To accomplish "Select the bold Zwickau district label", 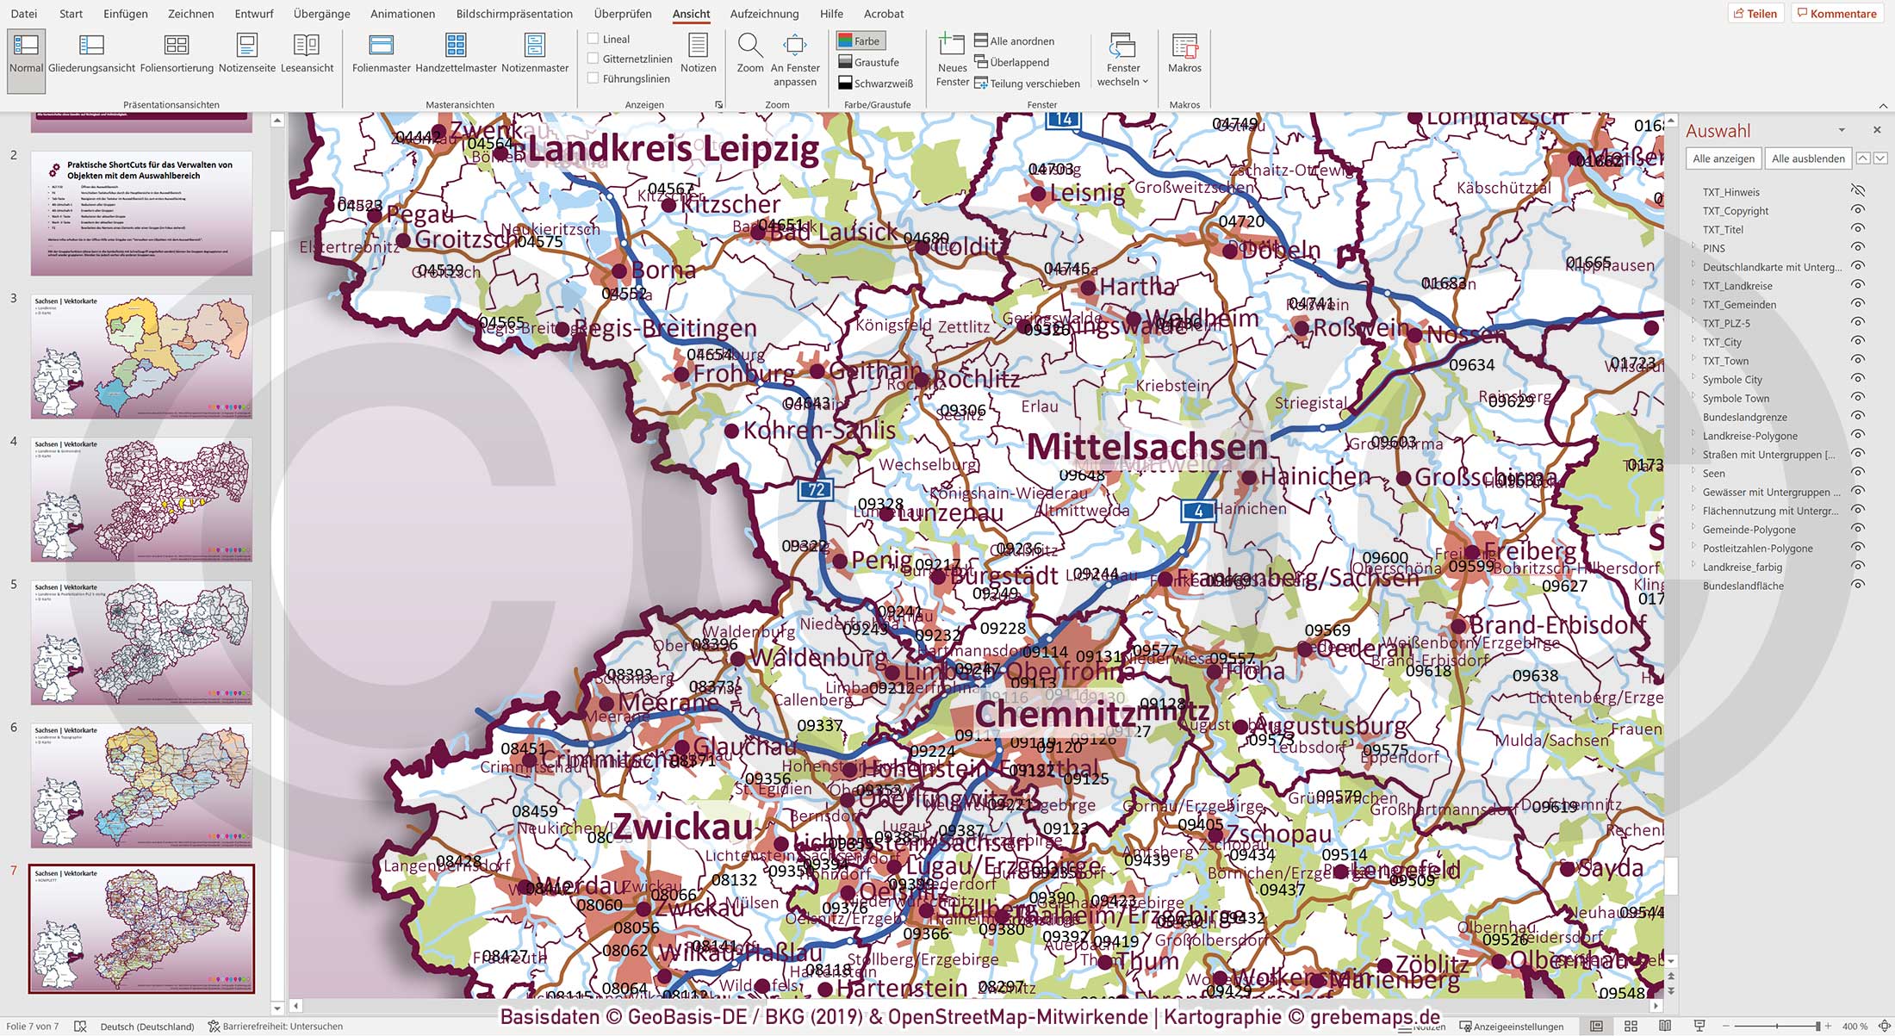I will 682,828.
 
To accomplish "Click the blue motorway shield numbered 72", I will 815,490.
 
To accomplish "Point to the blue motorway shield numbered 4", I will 1197,512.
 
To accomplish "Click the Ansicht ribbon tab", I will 691,14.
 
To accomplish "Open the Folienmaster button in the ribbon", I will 381,53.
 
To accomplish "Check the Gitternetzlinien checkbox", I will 593,59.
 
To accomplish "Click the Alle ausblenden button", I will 1807,158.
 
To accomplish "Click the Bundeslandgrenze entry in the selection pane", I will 1744,418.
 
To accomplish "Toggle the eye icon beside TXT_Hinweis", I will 1857,191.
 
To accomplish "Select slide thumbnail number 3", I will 141,357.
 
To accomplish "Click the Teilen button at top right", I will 1755,14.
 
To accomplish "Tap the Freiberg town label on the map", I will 1530,551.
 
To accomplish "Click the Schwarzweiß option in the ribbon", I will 875,84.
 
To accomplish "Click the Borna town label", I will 662,270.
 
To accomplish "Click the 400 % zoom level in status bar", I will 1855,1027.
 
